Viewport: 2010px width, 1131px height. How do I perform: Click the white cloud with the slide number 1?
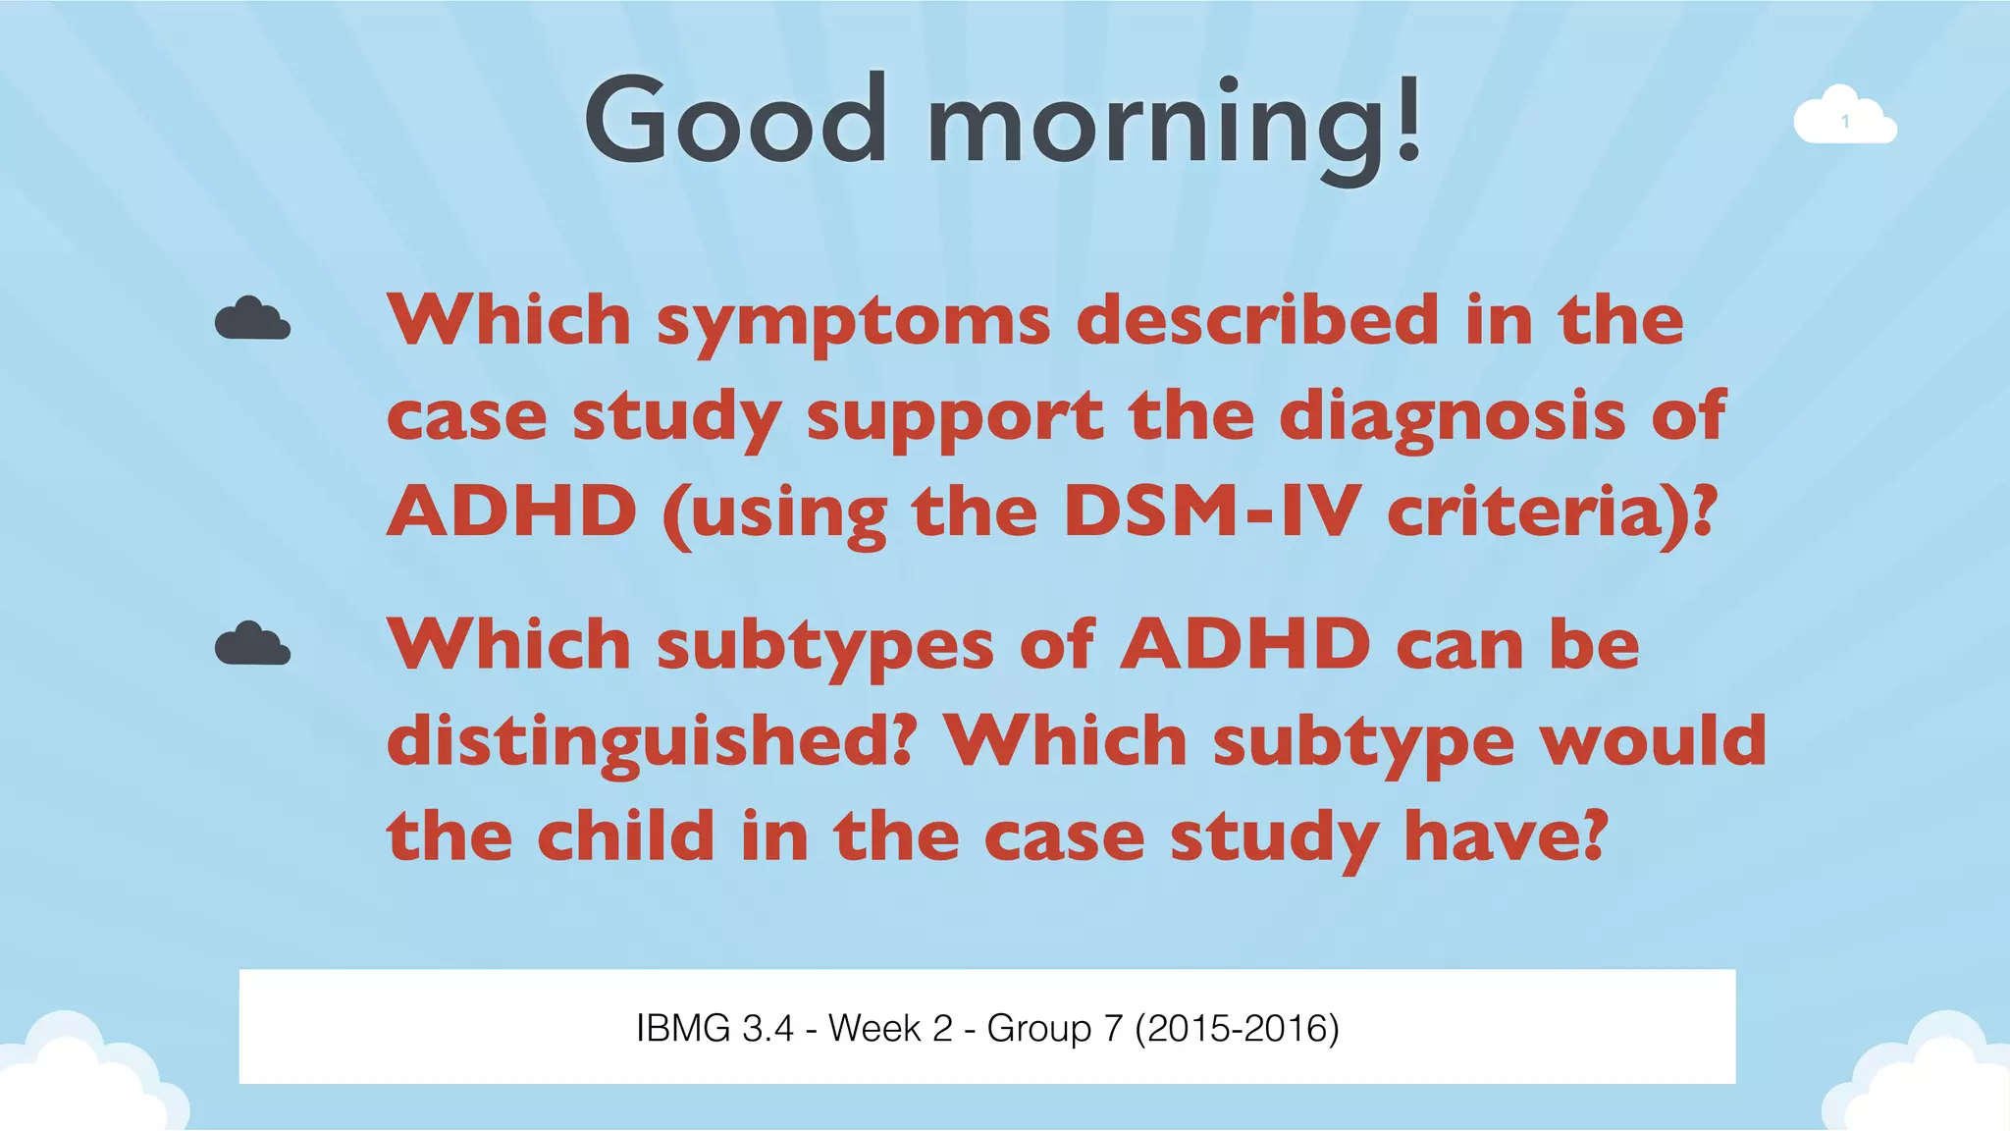coord(1844,120)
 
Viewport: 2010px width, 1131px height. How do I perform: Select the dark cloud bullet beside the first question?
coord(252,320)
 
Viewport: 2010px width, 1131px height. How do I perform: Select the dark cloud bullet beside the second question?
coord(252,645)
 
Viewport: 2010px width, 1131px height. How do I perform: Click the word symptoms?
coord(853,322)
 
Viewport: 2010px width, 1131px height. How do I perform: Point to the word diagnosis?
coord(1453,417)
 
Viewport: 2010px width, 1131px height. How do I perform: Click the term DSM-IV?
coord(1211,512)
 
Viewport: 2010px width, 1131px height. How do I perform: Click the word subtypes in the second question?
coord(824,647)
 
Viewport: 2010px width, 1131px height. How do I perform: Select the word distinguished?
coord(652,742)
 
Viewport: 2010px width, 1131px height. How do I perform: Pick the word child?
coord(625,836)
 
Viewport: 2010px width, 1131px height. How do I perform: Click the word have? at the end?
coord(1506,836)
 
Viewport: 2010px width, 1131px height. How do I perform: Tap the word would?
coord(1653,740)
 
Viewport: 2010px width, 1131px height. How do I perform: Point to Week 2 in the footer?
coord(890,1028)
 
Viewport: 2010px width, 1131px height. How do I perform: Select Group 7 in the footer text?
coord(1054,1028)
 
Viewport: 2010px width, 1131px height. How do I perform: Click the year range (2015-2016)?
coord(1237,1028)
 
